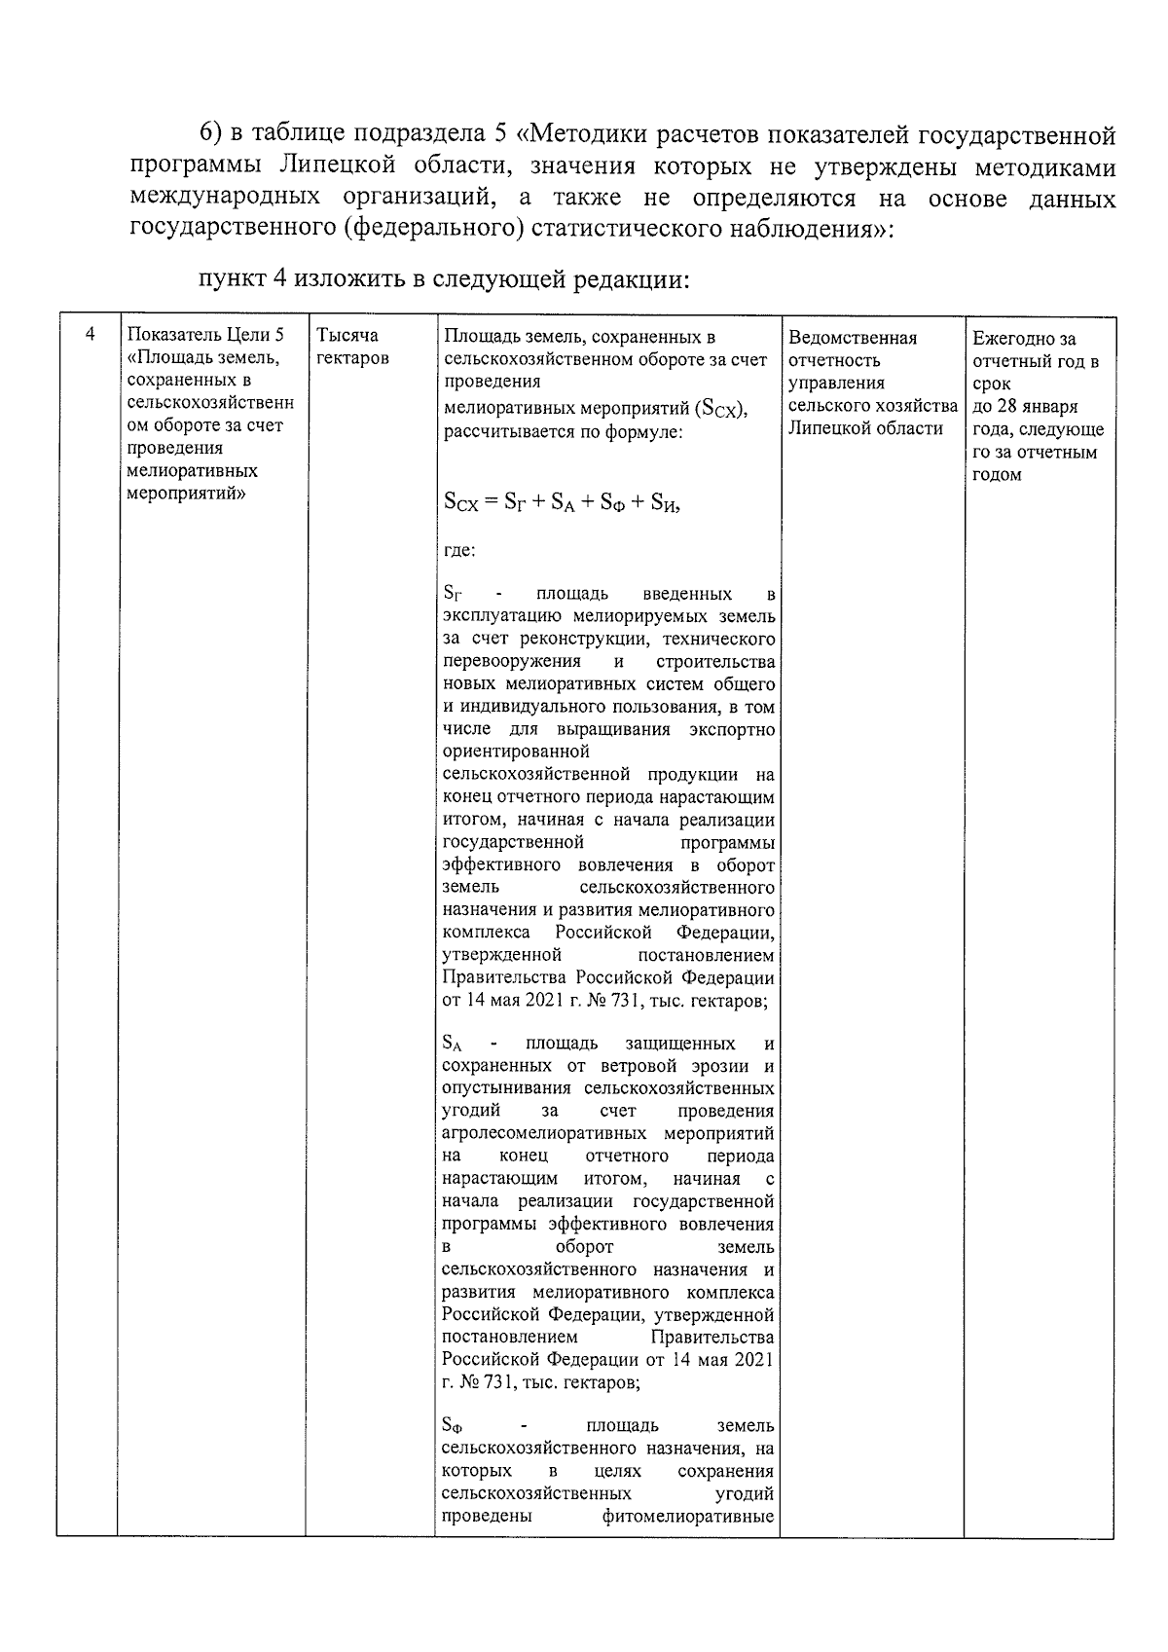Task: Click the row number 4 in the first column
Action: pyautogui.click(x=90, y=335)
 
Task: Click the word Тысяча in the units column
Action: pyautogui.click(x=347, y=336)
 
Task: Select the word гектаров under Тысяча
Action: pyautogui.click(x=352, y=358)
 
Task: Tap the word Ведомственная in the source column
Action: pyautogui.click(x=853, y=338)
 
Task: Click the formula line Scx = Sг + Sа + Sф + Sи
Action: pyautogui.click(x=562, y=502)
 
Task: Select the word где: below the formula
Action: pyautogui.click(x=459, y=551)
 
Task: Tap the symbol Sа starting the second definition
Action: pyautogui.click(x=453, y=1044)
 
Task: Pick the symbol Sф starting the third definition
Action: pyautogui.click(x=453, y=1426)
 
